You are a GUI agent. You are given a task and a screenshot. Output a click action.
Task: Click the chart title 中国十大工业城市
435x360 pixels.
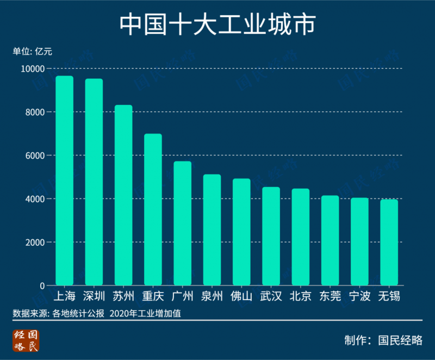[x=217, y=24]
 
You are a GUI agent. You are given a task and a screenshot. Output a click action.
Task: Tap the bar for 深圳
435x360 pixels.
[x=94, y=182]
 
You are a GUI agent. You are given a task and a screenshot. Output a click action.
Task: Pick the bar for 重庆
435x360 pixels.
[x=153, y=209]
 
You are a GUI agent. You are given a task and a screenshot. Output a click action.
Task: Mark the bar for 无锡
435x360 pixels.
[x=389, y=243]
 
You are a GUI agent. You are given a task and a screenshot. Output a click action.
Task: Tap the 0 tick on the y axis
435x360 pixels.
[x=42, y=285]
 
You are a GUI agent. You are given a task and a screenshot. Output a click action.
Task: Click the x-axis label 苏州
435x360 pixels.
[x=123, y=296]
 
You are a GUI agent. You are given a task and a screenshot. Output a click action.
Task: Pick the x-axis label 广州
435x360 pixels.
[x=182, y=296]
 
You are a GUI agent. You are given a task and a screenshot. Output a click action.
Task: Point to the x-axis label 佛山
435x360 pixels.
[x=241, y=296]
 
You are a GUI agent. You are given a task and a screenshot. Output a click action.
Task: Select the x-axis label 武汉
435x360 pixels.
[x=271, y=296]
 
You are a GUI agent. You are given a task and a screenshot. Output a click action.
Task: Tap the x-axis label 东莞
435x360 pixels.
[x=330, y=296]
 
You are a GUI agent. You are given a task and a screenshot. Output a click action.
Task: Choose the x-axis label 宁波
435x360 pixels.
[x=359, y=296]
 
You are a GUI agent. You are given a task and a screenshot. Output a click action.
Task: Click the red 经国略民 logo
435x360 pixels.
[x=26, y=340]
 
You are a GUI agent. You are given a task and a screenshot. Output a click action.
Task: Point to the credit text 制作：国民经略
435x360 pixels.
[x=383, y=340]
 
